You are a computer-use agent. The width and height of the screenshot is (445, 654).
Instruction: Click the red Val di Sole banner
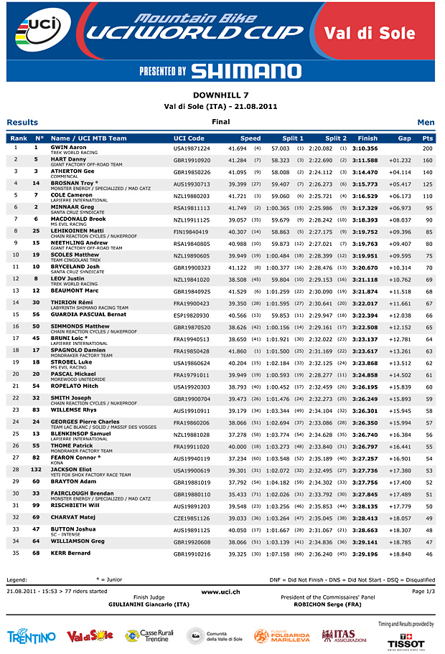point(380,33)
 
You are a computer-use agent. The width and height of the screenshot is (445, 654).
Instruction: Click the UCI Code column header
point(189,138)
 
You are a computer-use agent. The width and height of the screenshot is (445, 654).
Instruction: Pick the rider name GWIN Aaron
point(69,147)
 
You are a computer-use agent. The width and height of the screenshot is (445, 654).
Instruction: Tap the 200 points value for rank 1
point(428,148)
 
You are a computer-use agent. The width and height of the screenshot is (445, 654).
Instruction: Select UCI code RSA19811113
point(192,208)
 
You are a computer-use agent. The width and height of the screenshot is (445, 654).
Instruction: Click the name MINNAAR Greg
point(72,207)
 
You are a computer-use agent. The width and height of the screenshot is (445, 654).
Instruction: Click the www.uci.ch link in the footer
point(220,592)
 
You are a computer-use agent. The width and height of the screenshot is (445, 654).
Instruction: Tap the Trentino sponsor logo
point(31,637)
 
